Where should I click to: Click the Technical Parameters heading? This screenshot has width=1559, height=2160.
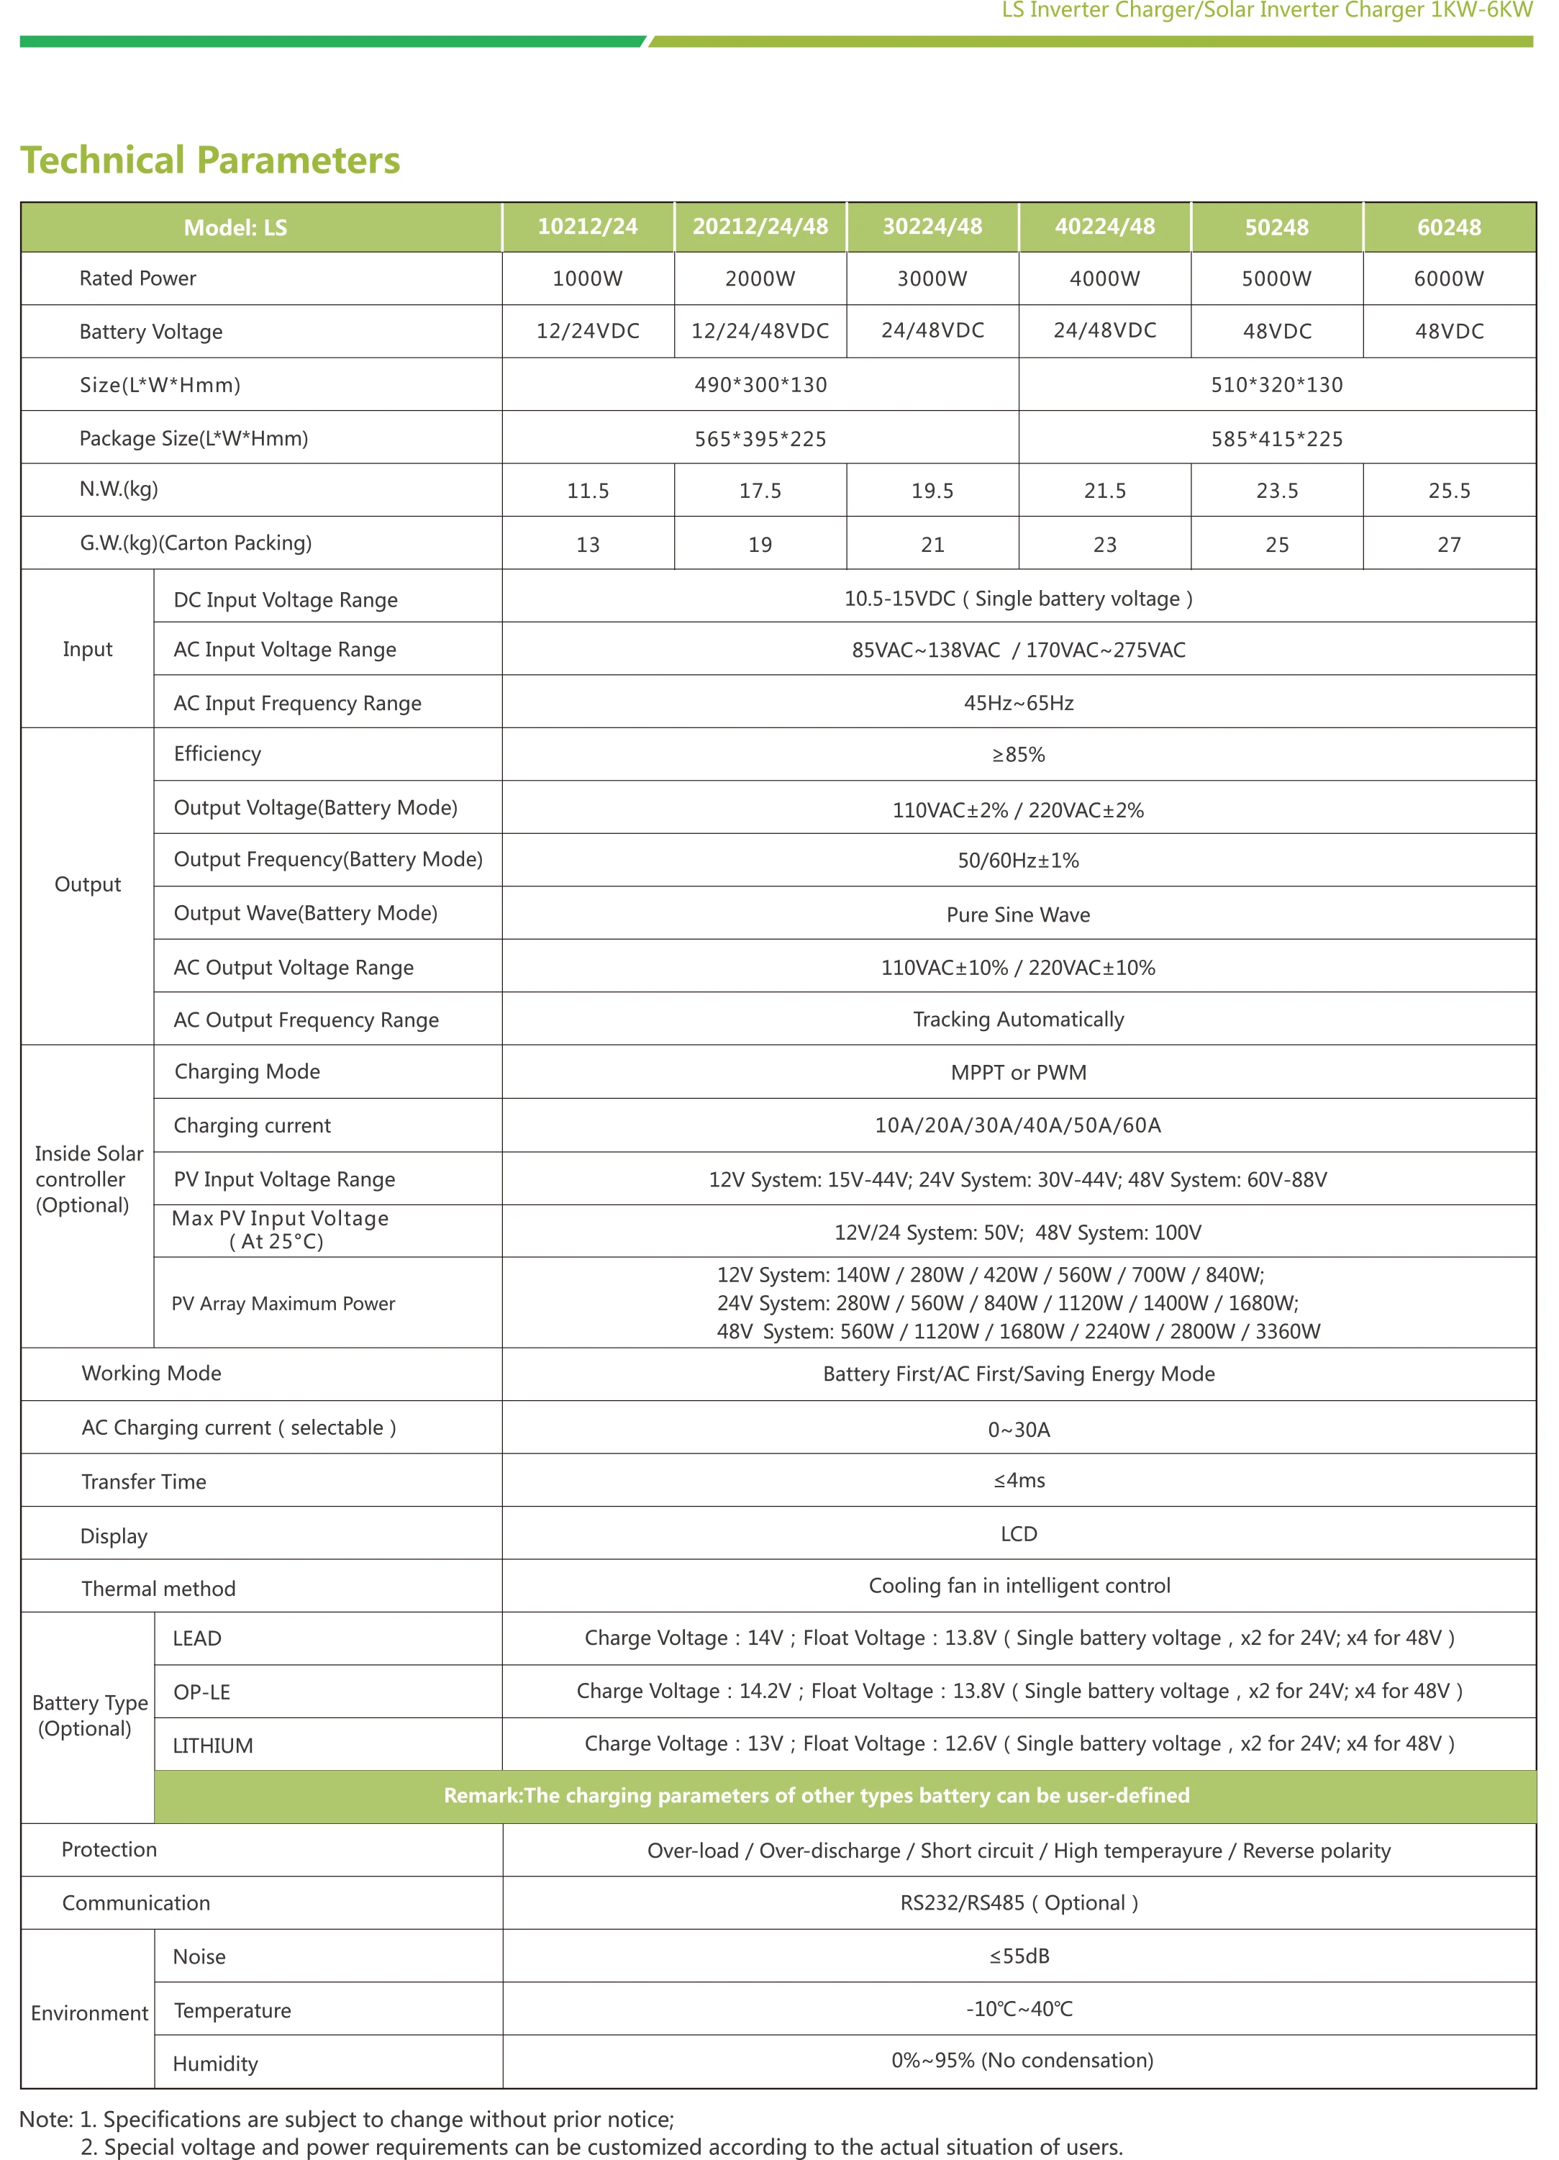tap(211, 160)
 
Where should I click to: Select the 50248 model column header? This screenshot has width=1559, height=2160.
tap(1276, 227)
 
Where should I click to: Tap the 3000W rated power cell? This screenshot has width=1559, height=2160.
tap(932, 279)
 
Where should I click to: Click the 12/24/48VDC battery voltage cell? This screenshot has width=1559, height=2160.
tap(760, 332)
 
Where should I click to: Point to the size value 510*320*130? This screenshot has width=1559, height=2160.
tap(1276, 385)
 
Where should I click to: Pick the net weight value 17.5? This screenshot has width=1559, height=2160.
tap(760, 491)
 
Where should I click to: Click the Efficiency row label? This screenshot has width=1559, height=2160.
tap(217, 754)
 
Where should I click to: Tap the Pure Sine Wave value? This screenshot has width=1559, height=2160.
tap(1018, 915)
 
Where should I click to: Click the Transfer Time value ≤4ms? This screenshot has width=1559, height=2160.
tap(1019, 1481)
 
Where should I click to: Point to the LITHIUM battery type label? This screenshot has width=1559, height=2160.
tap(212, 1746)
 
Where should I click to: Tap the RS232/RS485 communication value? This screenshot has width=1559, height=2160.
tap(1019, 1904)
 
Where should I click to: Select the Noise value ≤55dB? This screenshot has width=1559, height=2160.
tap(1019, 1957)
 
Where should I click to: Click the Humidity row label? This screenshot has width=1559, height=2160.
tap(215, 2064)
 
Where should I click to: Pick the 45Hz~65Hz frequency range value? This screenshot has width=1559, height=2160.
tap(1018, 704)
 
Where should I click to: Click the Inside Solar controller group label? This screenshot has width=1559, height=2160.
tap(88, 1180)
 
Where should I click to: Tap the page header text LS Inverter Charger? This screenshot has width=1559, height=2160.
tap(1267, 12)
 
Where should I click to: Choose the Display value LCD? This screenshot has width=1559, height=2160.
tap(1018, 1534)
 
